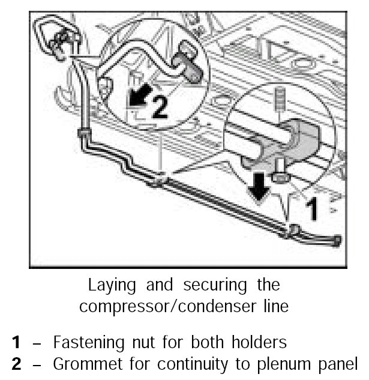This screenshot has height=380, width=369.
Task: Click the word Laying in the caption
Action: pos(108,285)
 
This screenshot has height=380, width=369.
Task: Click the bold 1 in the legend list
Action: pos(17,343)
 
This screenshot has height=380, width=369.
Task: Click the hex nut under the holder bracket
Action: pos(279,177)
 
